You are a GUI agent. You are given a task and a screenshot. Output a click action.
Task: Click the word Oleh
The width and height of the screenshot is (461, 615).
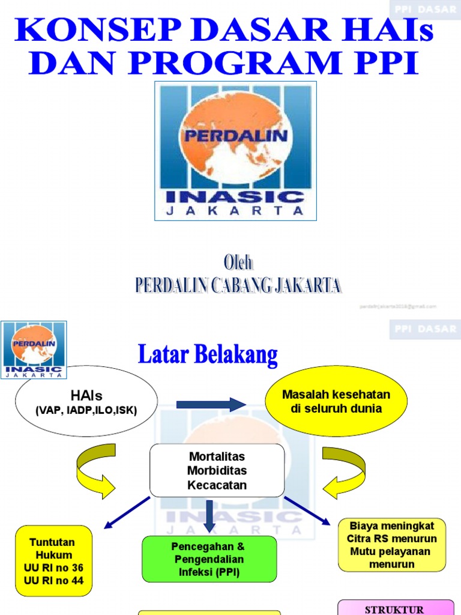pyautogui.click(x=238, y=263)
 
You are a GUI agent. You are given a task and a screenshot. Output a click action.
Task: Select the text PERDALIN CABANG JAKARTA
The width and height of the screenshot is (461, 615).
pyautogui.click(x=239, y=285)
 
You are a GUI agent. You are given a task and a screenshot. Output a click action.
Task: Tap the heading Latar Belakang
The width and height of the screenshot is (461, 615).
pyautogui.click(x=208, y=354)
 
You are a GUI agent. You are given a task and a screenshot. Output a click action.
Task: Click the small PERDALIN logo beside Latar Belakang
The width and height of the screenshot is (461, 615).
pyautogui.click(x=34, y=350)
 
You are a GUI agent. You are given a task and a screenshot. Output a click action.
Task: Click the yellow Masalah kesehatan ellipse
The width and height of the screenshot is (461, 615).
pyautogui.click(x=336, y=401)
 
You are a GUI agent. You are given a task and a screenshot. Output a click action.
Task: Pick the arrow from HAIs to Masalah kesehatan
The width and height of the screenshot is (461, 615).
pyautogui.click(x=211, y=404)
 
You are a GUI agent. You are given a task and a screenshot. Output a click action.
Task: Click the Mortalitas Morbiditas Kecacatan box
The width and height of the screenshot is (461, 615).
pyautogui.click(x=217, y=470)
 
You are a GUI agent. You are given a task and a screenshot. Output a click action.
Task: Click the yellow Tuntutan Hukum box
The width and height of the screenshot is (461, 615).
pyautogui.click(x=53, y=561)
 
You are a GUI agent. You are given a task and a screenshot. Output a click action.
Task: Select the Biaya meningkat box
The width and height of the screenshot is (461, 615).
pyautogui.click(x=392, y=545)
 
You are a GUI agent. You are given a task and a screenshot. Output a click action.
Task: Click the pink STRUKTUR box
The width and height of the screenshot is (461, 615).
pyautogui.click(x=396, y=607)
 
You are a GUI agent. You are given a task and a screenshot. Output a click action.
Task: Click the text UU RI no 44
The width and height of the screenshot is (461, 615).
pyautogui.click(x=53, y=580)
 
